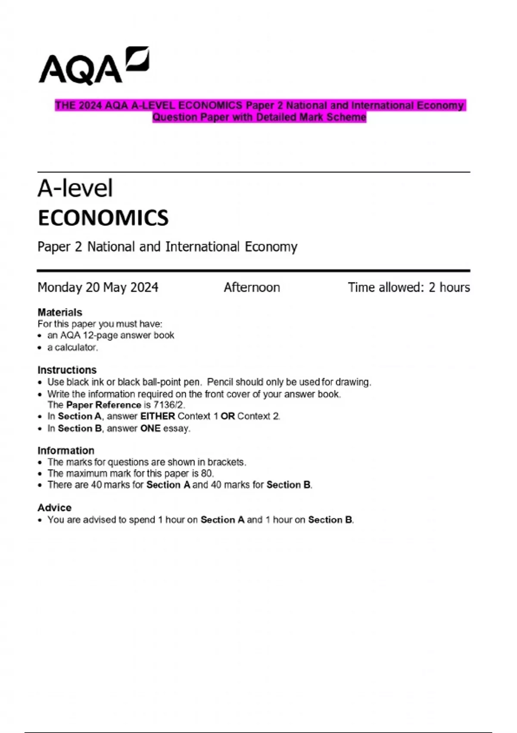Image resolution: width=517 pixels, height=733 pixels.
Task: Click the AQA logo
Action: point(94,66)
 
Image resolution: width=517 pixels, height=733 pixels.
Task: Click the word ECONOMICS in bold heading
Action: point(103,218)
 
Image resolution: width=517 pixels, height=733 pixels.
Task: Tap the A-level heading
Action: point(75,188)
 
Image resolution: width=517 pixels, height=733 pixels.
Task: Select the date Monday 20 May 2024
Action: point(98,288)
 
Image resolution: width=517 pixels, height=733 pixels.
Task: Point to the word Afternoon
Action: point(252,288)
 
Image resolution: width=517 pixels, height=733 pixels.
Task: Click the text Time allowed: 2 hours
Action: point(408,288)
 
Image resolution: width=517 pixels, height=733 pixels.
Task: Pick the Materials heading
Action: point(59,312)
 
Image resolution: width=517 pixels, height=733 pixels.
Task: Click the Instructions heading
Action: point(67,370)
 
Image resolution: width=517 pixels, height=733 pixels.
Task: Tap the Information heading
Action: point(65,451)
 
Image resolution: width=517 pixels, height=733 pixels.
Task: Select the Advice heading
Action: point(54,507)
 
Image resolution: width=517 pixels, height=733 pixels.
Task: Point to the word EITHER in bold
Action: point(157,417)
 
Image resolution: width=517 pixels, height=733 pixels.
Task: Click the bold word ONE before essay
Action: point(150,429)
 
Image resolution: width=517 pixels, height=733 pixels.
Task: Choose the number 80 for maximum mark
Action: point(206,473)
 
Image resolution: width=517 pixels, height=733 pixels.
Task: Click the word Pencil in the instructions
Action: point(220,382)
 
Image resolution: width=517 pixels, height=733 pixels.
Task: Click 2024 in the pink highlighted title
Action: point(90,106)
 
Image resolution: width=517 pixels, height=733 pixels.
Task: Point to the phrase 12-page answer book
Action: point(128,335)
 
